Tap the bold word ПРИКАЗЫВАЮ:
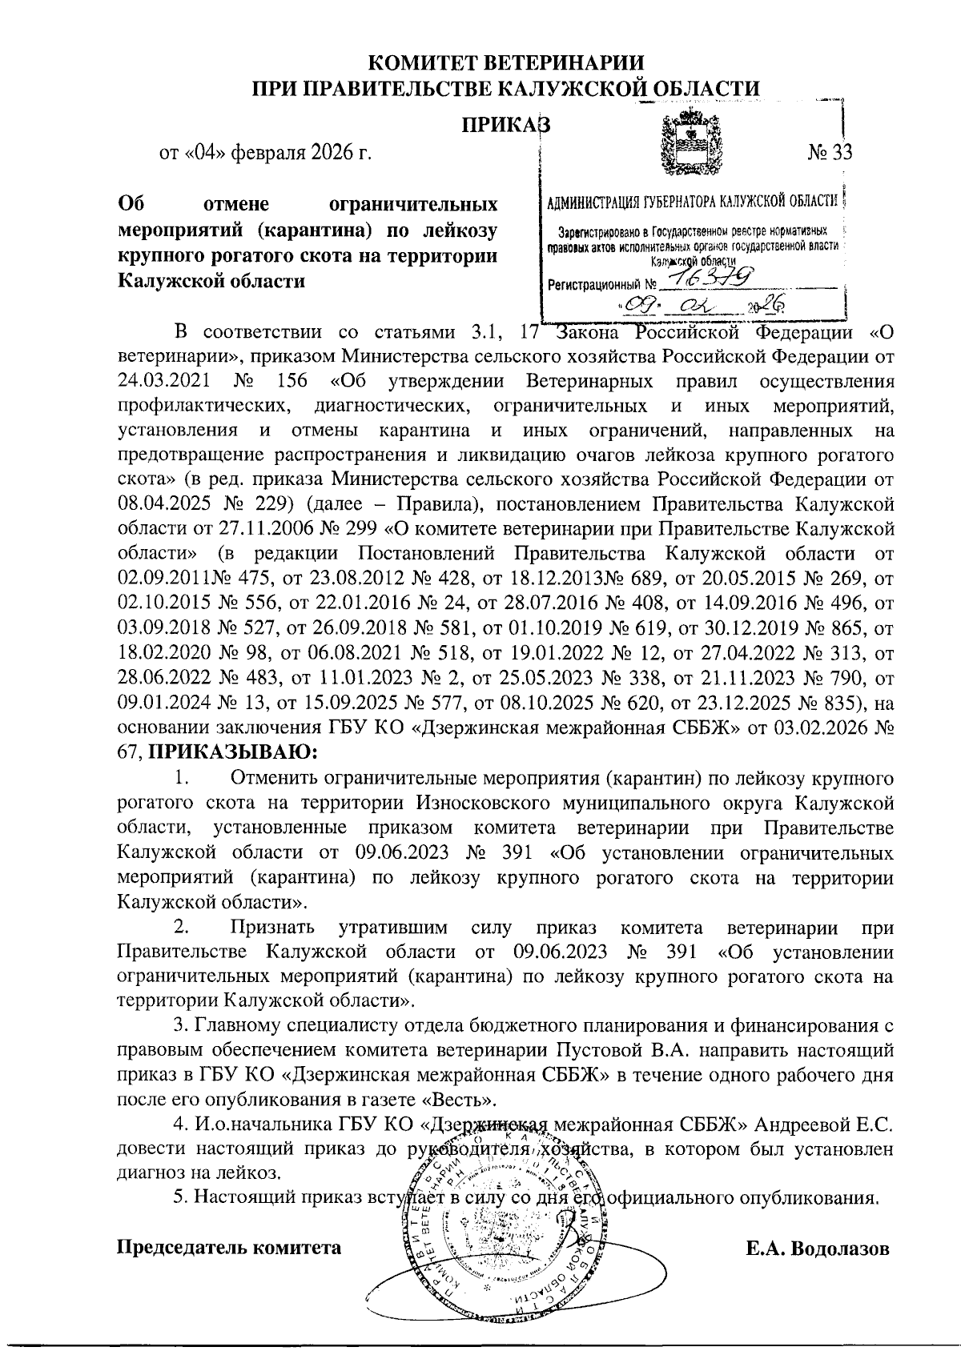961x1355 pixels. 234,752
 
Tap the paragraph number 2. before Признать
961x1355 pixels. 182,928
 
